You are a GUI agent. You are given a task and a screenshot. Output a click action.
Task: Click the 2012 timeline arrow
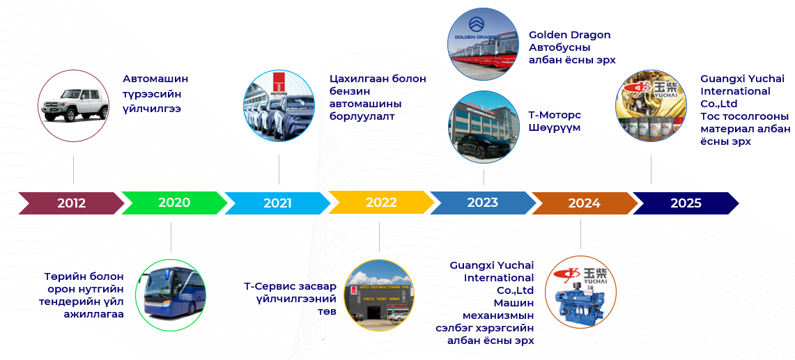pyautogui.click(x=71, y=203)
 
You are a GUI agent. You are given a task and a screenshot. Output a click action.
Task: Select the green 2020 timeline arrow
pyautogui.click(x=174, y=203)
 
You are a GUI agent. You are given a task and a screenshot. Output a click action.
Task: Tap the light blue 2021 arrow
pyautogui.click(x=277, y=203)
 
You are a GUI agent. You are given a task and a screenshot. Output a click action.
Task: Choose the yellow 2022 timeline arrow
pyautogui.click(x=381, y=203)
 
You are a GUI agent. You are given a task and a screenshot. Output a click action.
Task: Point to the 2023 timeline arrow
pyautogui.click(x=483, y=203)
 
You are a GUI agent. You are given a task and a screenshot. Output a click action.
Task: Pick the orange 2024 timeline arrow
pyautogui.click(x=584, y=203)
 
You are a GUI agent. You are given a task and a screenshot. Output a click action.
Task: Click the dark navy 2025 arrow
pyautogui.click(x=686, y=203)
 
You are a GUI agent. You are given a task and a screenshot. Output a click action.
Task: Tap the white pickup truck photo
pyautogui.click(x=74, y=105)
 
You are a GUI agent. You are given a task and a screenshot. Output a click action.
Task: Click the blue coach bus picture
pyautogui.click(x=171, y=295)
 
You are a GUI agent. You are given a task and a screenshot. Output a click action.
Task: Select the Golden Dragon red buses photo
pyautogui.click(x=483, y=44)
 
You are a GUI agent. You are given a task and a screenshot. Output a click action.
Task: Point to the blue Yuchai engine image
pyautogui.click(x=580, y=292)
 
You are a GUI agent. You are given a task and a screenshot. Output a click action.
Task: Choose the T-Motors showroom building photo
pyautogui.click(x=484, y=126)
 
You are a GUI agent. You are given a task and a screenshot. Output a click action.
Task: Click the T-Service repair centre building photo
pyautogui.click(x=379, y=295)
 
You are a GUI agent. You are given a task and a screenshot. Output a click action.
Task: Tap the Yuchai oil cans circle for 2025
pyautogui.click(x=651, y=106)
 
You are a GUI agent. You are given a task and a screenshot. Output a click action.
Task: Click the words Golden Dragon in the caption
pyautogui.click(x=569, y=35)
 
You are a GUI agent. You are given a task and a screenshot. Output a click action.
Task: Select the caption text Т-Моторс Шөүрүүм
pyautogui.click(x=555, y=121)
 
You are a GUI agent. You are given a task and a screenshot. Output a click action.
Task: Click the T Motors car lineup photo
pyautogui.click(x=279, y=105)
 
